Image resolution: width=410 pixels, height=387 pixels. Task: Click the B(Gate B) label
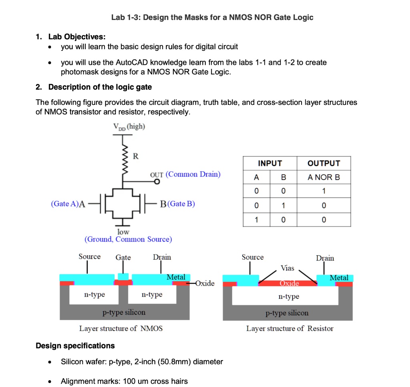(177, 204)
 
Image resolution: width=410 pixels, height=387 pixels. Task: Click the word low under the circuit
(123, 232)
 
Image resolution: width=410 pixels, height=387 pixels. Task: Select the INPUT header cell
(269, 163)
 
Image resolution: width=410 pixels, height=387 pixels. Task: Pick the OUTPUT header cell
(324, 163)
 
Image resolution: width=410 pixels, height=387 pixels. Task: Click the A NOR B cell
(324, 177)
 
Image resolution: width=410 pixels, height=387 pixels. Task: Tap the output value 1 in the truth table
(324, 191)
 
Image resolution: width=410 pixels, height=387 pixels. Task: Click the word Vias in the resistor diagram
(287, 268)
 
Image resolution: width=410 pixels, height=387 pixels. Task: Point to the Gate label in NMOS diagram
(123, 257)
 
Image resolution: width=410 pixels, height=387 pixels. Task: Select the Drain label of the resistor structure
(325, 258)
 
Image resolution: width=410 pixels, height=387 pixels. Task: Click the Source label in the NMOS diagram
(89, 257)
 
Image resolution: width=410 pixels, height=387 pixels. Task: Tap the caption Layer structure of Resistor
(289, 329)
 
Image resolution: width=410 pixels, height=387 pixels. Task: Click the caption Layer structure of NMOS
(121, 329)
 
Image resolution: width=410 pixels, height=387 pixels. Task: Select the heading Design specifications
(75, 345)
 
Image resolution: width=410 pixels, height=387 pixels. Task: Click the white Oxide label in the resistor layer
(289, 283)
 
